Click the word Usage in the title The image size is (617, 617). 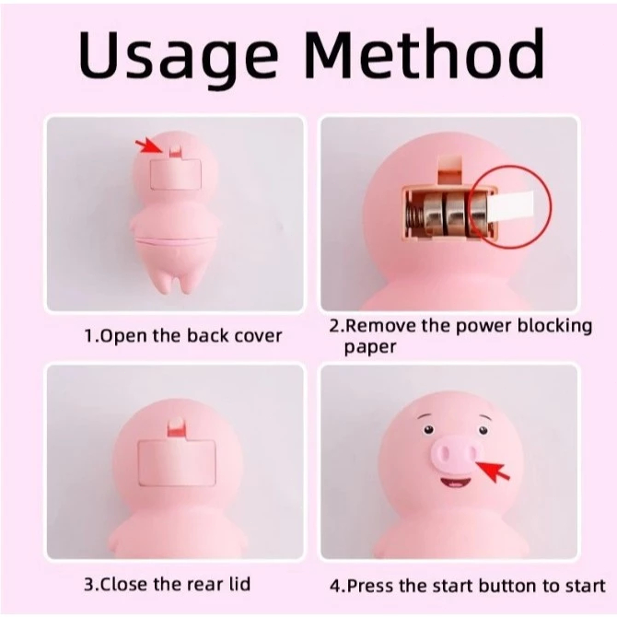point(178,54)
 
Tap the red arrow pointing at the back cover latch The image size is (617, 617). point(149,146)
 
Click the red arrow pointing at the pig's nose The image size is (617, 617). point(494,471)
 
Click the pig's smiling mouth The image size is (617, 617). point(455,482)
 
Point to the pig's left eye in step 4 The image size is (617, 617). point(428,430)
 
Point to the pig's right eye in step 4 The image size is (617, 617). point(483,430)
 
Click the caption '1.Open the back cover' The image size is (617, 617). point(183,336)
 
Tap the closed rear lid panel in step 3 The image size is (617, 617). point(177,463)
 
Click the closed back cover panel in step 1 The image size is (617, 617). point(176,175)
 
